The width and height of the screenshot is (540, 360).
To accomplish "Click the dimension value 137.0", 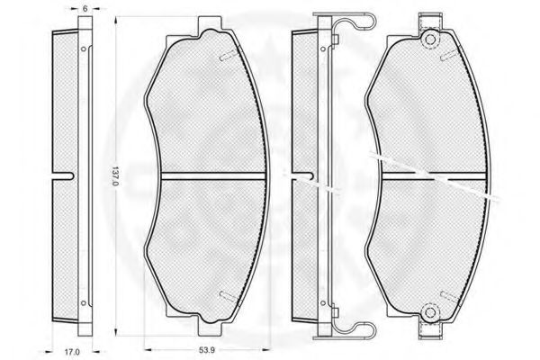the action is pos(116,175).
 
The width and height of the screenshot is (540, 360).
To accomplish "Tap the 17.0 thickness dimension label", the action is pos(72,352).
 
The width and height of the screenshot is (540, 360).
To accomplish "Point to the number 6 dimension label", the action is pos(85,9).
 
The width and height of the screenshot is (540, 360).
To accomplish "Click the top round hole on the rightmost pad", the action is pos(430,40).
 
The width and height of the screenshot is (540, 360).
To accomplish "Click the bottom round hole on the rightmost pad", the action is pos(430,312).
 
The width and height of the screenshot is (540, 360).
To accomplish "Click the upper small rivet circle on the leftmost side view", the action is pos(83,49).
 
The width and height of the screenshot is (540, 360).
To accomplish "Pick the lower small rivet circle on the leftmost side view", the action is pos(83,303).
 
